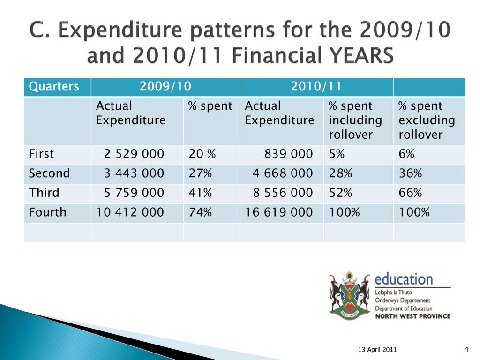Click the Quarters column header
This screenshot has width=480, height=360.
pos(54,86)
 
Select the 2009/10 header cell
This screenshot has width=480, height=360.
pos(165,86)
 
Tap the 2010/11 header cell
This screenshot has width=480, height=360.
pos(316,86)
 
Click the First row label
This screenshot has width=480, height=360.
pos(41,154)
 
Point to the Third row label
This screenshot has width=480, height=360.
pos(44,193)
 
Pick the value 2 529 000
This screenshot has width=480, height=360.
pos(134,154)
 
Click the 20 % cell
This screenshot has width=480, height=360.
pos(202,154)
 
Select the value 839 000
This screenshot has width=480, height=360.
pos(289,154)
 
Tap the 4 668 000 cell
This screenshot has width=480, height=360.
pos(283,173)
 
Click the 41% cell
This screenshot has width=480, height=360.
pos(200,193)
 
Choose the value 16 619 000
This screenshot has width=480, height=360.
pos(279,212)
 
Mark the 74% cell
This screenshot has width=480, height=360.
pos(200,212)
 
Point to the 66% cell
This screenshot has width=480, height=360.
pos(410,193)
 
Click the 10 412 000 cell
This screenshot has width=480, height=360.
pos(130,212)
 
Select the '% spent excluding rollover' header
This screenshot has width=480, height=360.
pos(427,120)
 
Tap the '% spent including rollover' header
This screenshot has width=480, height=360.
pos(355,120)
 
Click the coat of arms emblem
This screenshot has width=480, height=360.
pos(350,295)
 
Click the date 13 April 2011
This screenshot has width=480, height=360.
pos(377,350)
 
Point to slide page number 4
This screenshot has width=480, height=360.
pos(466,350)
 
